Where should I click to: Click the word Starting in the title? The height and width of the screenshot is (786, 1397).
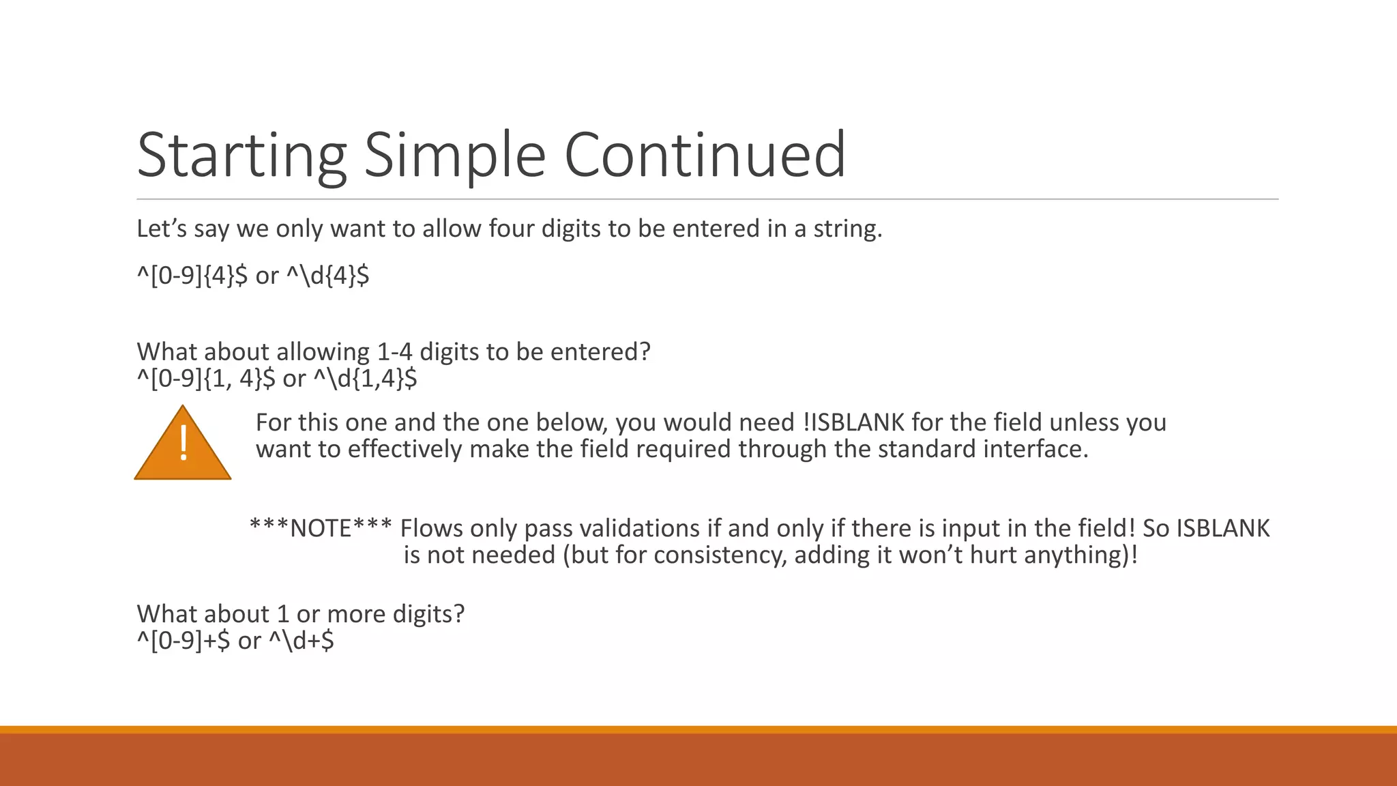[x=241, y=155]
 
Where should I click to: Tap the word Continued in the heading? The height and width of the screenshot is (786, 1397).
[x=705, y=155]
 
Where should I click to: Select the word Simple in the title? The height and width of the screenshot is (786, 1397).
[x=454, y=155]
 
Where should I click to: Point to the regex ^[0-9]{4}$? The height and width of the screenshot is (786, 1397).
[x=192, y=276]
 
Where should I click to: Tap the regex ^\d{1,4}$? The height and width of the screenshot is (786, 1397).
[x=365, y=378]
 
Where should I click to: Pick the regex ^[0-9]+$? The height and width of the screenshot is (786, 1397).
[x=183, y=640]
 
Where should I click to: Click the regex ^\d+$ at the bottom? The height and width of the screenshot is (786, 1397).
[x=301, y=640]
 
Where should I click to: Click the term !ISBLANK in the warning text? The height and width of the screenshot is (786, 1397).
[x=853, y=422]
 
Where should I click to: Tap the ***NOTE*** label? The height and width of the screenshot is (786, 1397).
[x=321, y=528]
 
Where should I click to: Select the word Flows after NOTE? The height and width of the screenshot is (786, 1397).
[x=431, y=528]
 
